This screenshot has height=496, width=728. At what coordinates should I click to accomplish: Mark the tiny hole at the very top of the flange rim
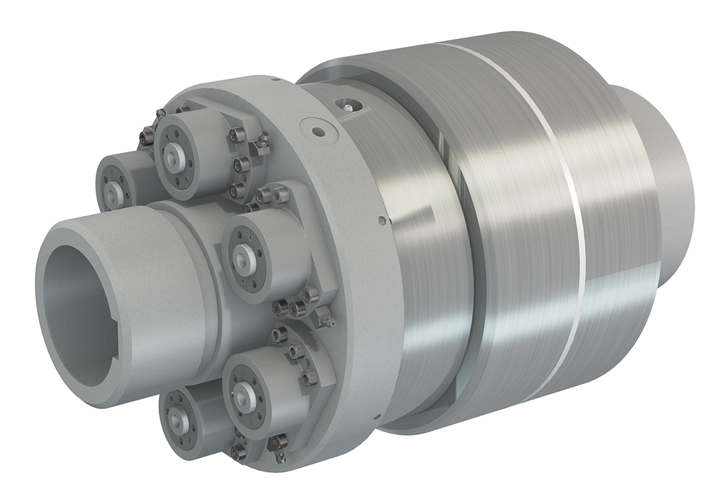pyautogui.click(x=278, y=79)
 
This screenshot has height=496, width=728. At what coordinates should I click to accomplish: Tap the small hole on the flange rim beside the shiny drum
pyautogui.click(x=382, y=220)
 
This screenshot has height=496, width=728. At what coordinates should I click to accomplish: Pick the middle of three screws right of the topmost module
pyautogui.click(x=241, y=163)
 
